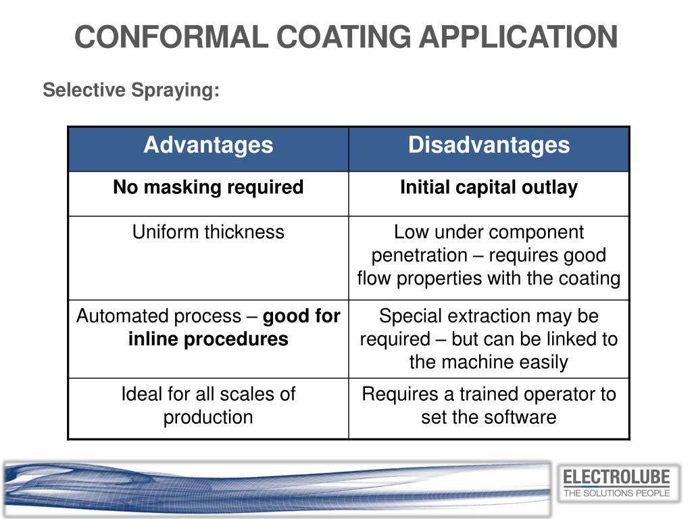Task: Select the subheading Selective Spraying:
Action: (131, 90)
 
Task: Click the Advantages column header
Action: (208, 145)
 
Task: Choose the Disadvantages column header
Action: (489, 145)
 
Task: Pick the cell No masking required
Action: (208, 187)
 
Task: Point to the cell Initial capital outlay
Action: (489, 187)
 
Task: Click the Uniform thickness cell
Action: (208, 232)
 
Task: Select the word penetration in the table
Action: (419, 255)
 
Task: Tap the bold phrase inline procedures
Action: (208, 339)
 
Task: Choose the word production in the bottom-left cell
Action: (208, 417)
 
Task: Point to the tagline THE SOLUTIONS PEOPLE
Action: (616, 493)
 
